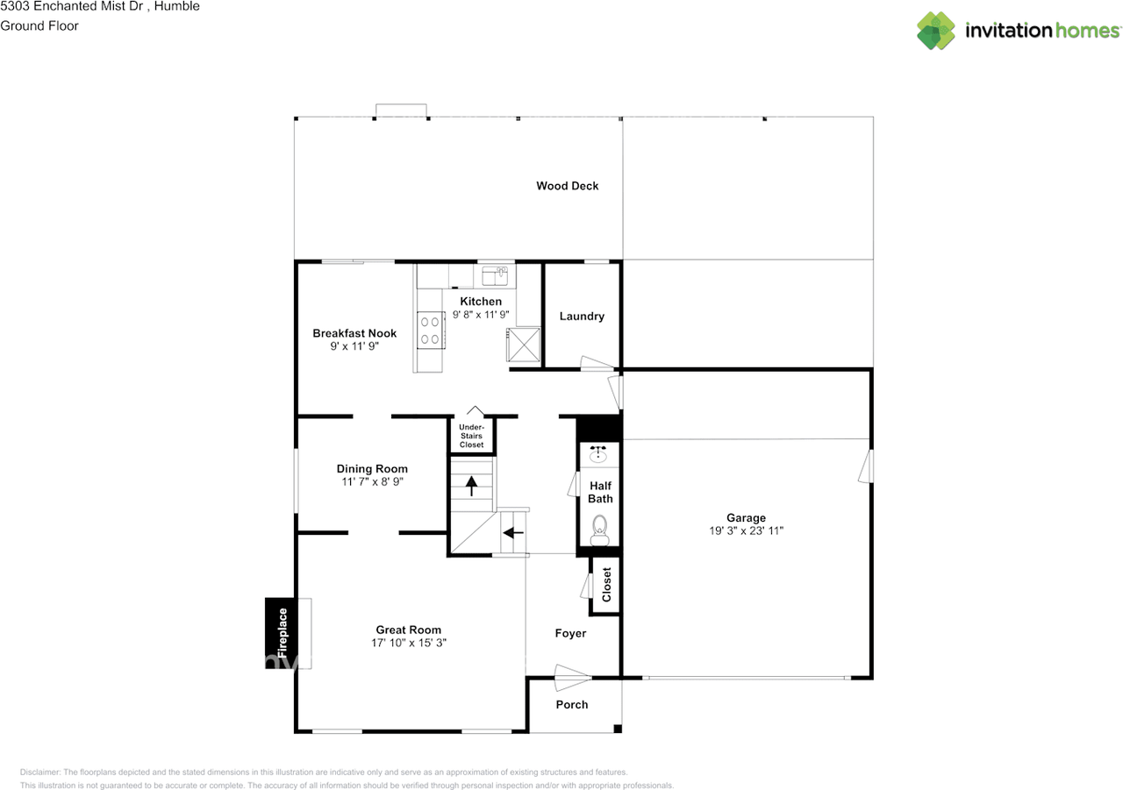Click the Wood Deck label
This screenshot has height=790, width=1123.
coord(567,186)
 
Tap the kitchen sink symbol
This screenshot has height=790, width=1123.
coord(495,275)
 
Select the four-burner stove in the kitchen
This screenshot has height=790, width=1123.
coord(431,331)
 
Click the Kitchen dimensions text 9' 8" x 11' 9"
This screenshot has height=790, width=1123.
coord(481,315)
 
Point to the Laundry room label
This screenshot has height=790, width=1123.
coord(582,317)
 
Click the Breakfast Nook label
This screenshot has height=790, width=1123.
coord(354,333)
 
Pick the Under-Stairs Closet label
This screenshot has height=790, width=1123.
coord(471,436)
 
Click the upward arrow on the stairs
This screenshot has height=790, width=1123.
coord(471,486)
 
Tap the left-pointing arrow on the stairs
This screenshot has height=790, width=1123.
coord(513,532)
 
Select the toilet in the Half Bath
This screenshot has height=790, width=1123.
coord(599,530)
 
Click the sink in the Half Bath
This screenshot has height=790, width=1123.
coord(598,453)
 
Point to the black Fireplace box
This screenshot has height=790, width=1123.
coord(281,633)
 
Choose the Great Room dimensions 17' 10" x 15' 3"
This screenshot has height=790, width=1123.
coord(409,643)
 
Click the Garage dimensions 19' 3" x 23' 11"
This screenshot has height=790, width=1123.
coord(746,530)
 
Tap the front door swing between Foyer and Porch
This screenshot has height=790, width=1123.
coord(572,678)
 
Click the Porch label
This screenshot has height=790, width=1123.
coord(571,704)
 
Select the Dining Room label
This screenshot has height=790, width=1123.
coord(372,469)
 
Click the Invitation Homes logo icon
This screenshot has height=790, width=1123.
coord(936,31)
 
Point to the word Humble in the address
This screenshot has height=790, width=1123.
coord(177,6)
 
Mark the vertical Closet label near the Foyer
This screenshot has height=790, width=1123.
coord(606,585)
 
